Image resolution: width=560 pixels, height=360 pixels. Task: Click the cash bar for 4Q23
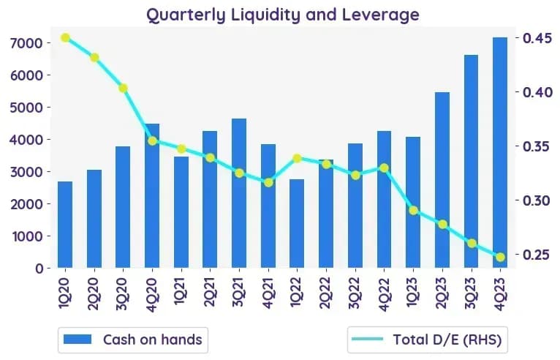point(500,152)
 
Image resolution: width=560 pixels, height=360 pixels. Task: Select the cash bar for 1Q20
point(65,225)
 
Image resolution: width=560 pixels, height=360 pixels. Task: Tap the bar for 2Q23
point(442,180)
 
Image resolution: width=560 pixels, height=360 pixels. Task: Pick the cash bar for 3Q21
point(239,193)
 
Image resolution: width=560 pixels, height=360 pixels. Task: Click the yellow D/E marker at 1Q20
point(65,37)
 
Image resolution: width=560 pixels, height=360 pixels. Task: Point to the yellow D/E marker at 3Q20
point(124,89)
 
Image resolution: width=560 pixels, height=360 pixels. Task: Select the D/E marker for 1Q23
point(413,211)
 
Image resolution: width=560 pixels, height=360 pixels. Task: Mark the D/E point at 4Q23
point(500,257)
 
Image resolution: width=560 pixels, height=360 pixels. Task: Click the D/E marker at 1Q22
point(297,158)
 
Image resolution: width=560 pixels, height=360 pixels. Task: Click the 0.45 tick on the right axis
point(538,38)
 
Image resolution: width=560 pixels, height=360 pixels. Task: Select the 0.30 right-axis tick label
point(538,200)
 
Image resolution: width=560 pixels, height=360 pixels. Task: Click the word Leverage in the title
point(381,15)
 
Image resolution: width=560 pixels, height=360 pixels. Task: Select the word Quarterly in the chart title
point(186,15)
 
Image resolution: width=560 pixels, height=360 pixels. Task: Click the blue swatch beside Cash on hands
point(77,339)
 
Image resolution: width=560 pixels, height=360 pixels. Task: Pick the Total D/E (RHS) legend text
point(447,340)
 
